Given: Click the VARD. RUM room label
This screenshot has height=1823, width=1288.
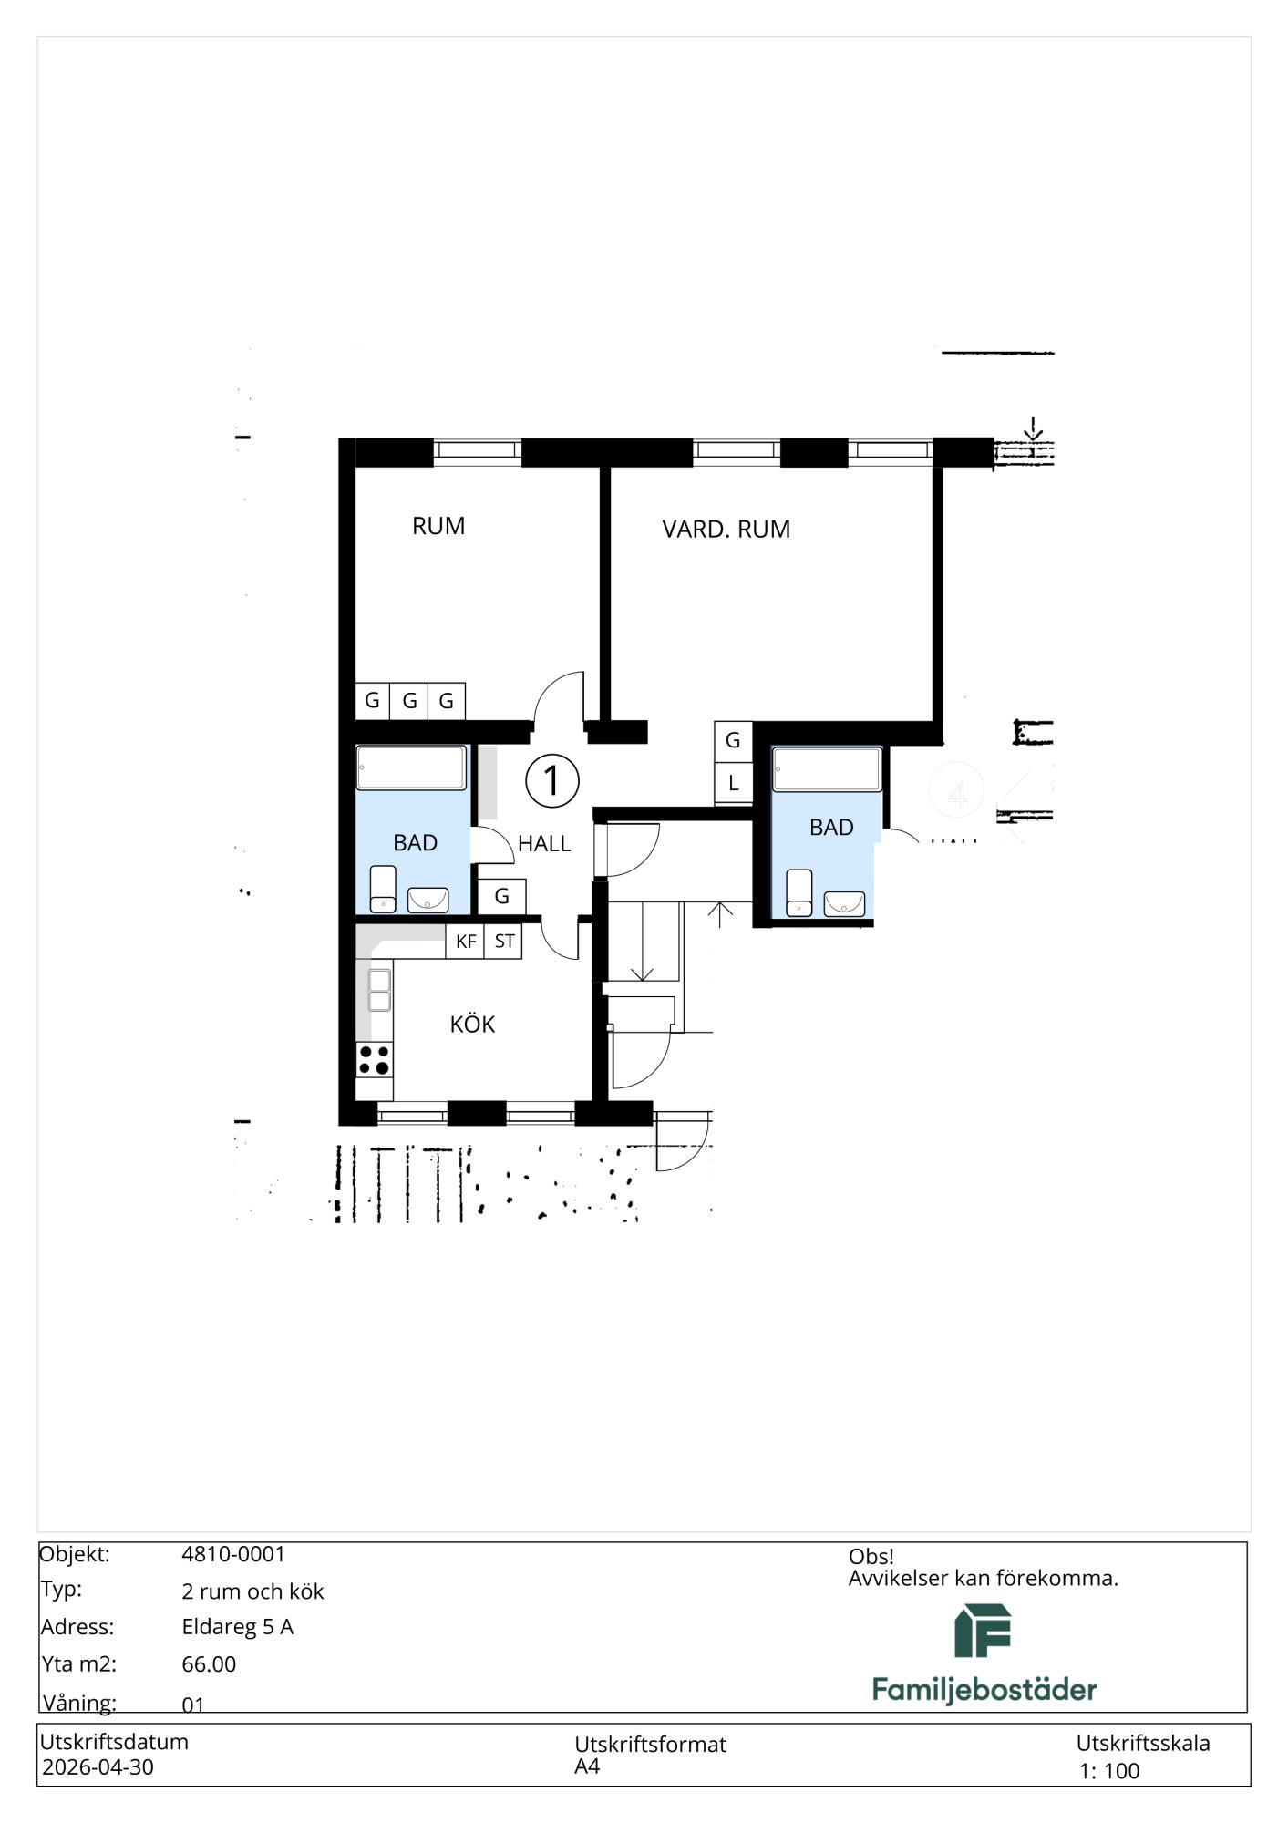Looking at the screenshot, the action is click(x=726, y=530).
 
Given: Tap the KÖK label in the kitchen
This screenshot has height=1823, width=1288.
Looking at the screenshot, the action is click(x=472, y=1024).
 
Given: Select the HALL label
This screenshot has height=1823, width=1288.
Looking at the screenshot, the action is click(x=544, y=844).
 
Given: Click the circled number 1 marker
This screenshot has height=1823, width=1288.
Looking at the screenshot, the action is click(x=552, y=780).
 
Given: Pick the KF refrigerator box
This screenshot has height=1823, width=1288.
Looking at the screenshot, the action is click(x=465, y=942).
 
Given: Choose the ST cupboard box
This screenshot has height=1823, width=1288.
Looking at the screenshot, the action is click(x=503, y=942).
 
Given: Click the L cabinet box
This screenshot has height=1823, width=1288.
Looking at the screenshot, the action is click(x=733, y=784).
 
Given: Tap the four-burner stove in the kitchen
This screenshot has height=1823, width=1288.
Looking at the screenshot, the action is click(x=374, y=1060).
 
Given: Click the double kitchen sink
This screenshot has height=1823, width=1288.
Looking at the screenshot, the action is click(x=378, y=990).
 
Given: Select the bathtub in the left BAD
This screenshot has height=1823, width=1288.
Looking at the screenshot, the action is click(x=411, y=767).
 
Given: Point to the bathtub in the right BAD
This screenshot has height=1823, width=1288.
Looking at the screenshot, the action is click(x=827, y=769).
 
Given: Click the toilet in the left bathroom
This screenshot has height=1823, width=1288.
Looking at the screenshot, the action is click(x=383, y=889).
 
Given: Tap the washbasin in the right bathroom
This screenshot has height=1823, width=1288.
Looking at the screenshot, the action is click(x=844, y=903).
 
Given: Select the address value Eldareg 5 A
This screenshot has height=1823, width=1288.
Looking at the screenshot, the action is click(x=237, y=1627).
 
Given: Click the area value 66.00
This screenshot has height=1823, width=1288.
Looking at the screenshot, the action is click(x=209, y=1664).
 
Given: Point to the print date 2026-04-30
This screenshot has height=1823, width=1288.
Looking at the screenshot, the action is click(x=98, y=1766).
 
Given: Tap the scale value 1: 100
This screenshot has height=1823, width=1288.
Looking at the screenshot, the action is click(x=1109, y=1771).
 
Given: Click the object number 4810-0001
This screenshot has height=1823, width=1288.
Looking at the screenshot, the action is click(x=233, y=1554).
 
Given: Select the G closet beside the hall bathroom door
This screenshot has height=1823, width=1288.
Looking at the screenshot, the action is click(x=501, y=896).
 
